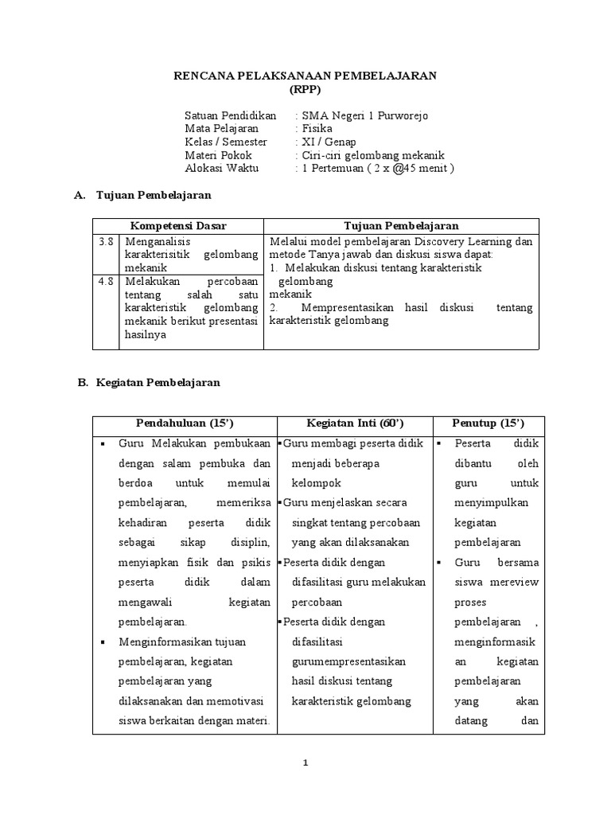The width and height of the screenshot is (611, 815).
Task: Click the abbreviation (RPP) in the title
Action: point(305,89)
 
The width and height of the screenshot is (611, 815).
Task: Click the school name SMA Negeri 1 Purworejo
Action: point(364,115)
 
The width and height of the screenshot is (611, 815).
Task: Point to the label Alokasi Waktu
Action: point(222,168)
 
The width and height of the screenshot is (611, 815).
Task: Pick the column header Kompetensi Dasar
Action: point(178,226)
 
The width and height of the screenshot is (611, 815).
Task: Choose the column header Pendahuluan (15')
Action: point(184,423)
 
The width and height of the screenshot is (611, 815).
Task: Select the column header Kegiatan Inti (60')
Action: point(355,423)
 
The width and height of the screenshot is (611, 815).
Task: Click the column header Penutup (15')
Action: point(488,423)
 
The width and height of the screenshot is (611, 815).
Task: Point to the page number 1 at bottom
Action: point(305,762)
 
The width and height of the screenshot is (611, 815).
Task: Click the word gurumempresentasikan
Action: point(349,661)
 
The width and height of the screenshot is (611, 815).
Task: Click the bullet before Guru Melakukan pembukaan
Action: point(104,443)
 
